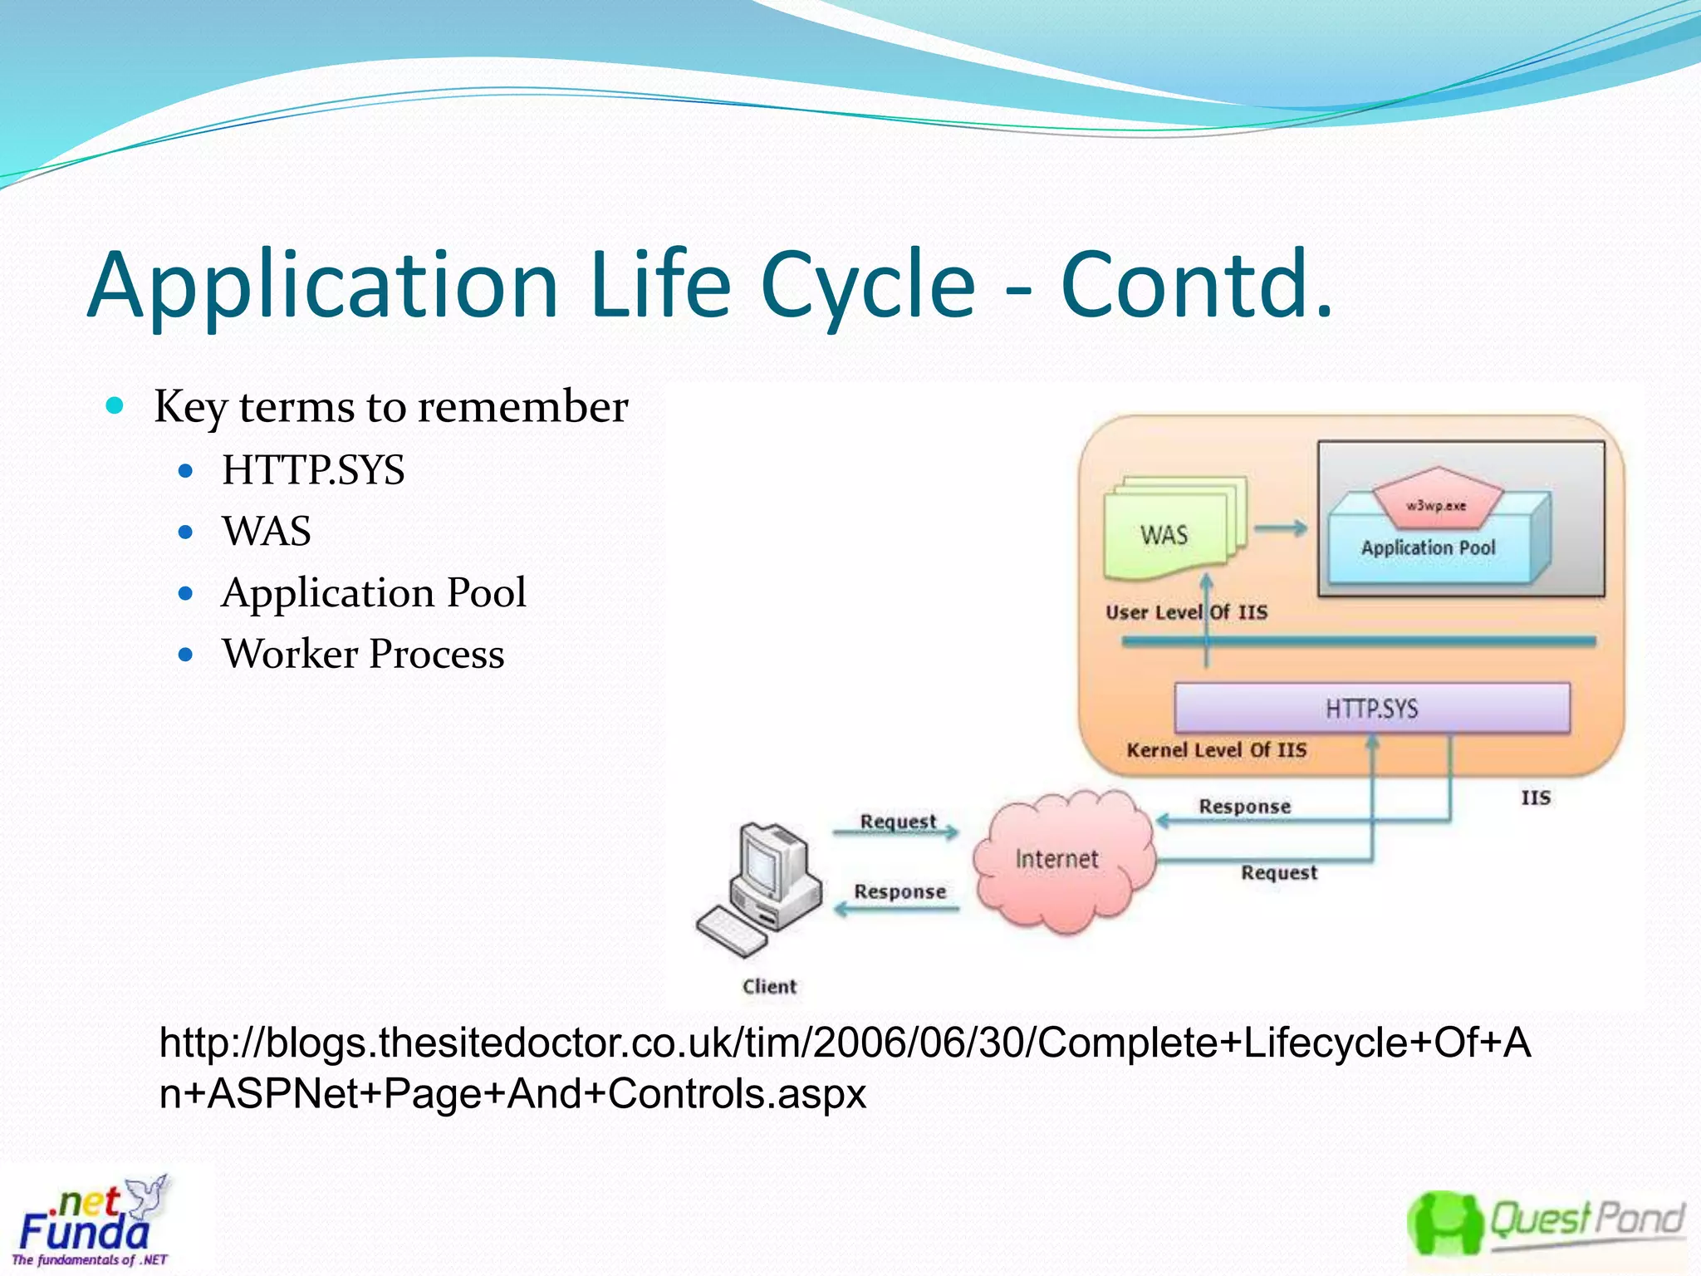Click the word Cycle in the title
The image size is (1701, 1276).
(868, 287)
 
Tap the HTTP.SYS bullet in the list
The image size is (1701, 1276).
(313, 470)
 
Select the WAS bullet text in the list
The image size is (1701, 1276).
(267, 532)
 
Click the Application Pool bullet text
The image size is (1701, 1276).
(374, 593)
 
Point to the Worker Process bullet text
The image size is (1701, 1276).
(363, 654)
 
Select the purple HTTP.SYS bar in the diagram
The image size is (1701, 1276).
(1371, 709)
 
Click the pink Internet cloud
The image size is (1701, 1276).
(1057, 860)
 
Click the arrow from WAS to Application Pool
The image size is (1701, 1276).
(1280, 528)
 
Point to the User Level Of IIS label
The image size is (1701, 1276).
(1186, 613)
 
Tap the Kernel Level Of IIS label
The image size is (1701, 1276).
(1216, 750)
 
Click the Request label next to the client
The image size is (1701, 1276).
(898, 821)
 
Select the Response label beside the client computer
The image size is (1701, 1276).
(900, 891)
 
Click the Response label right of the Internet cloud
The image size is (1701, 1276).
(1244, 806)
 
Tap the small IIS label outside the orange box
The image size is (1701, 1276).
(1536, 797)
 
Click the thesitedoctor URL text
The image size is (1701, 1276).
(845, 1067)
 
